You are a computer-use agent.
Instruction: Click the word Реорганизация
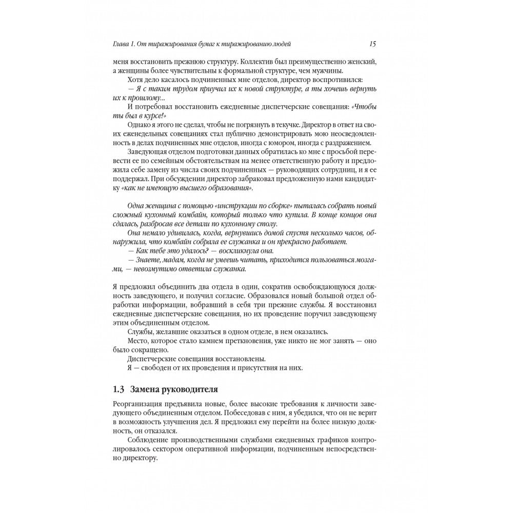click(x=139, y=404)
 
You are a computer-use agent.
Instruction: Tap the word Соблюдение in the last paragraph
click(x=149, y=440)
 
